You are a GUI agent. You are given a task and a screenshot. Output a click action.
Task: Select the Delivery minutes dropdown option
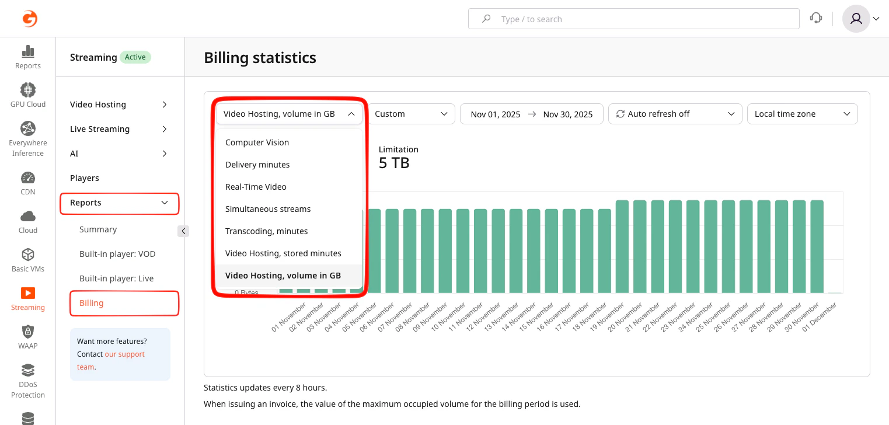pyautogui.click(x=257, y=165)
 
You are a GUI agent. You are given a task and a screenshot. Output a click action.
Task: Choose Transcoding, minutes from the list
pyautogui.click(x=266, y=231)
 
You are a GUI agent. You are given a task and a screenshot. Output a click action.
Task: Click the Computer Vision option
pyautogui.click(x=257, y=142)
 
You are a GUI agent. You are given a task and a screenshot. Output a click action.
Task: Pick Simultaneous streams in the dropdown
pyautogui.click(x=268, y=209)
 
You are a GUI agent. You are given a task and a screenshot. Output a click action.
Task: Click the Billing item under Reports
pyautogui.click(x=92, y=303)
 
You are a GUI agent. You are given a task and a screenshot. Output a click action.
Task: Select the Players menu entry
pyautogui.click(x=85, y=178)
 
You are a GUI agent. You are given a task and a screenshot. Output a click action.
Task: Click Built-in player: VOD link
pyautogui.click(x=117, y=254)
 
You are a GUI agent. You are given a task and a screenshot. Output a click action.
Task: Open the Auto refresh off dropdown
pyautogui.click(x=675, y=114)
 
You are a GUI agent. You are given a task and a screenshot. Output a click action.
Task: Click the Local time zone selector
pyautogui.click(x=802, y=114)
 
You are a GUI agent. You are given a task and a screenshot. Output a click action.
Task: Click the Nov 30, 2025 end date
pyautogui.click(x=567, y=114)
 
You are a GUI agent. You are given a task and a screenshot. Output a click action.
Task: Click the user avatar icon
pyautogui.click(x=856, y=19)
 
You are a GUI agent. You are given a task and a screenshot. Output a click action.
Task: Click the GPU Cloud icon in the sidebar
pyautogui.click(x=28, y=90)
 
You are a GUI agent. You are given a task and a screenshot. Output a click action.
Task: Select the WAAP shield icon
pyautogui.click(x=28, y=332)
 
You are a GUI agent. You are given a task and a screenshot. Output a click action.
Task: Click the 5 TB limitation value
pyautogui.click(x=394, y=163)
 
